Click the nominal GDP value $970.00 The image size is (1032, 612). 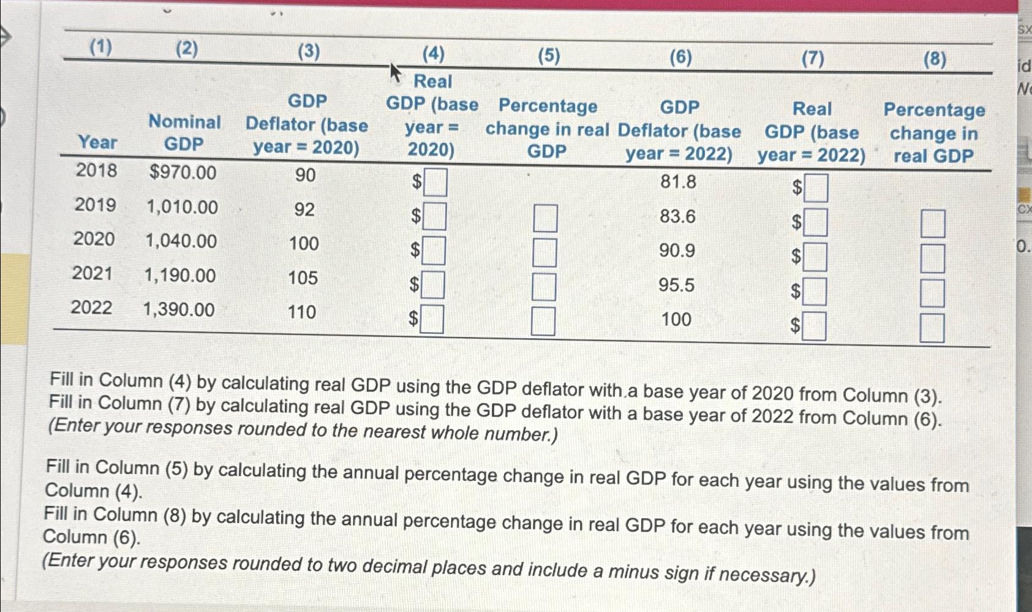pos(183,173)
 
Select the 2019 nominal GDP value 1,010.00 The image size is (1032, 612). pos(182,207)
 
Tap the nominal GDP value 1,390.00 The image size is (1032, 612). pos(179,309)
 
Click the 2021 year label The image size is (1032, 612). pos(92,273)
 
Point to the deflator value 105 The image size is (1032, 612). pos(303,278)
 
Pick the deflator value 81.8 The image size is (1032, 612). pos(678,182)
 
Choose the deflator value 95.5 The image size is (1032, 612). pos(677,285)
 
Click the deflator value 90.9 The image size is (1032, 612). pos(677,251)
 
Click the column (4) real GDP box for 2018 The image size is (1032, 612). pos(435,183)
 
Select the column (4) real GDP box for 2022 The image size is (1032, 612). pos(432,319)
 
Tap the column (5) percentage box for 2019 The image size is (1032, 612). pos(545,218)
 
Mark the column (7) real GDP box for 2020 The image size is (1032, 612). pos(816,257)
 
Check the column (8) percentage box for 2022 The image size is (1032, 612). pos(932,328)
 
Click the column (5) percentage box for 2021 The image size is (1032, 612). pos(544,287)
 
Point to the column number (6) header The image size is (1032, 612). pos(680,58)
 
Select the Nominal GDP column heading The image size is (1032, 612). pos(184,132)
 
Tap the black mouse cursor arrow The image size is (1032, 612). pos(396,73)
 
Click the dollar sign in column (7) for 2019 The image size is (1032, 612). pos(796,223)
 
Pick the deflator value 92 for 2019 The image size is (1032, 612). pos(304,210)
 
